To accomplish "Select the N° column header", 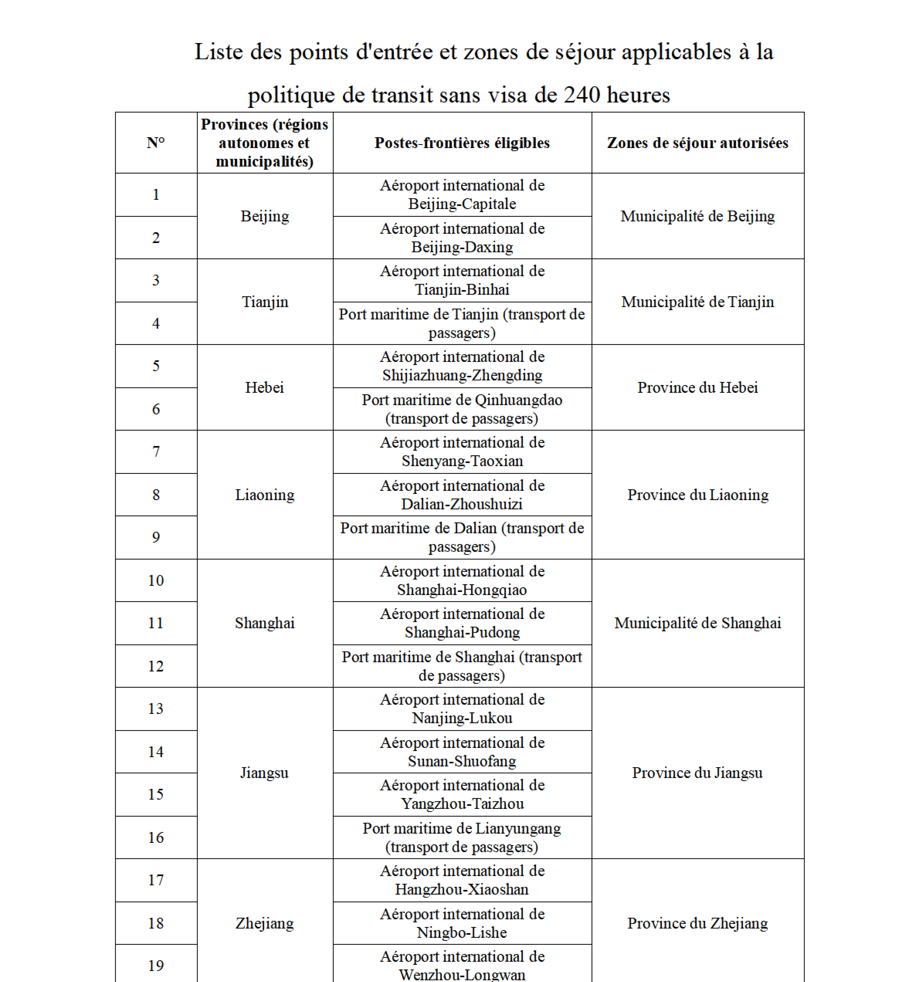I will [x=156, y=143].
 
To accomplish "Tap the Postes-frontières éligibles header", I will [x=462, y=143].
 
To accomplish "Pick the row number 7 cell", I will [x=156, y=451].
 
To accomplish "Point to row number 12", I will [x=156, y=666].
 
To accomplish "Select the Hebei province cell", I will [x=264, y=387].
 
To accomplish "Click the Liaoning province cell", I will [x=264, y=494].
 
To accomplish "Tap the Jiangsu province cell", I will [x=264, y=773].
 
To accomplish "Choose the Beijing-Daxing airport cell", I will [x=462, y=238].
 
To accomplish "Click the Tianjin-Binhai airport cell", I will [x=462, y=280].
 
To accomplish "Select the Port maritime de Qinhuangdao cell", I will [x=462, y=409].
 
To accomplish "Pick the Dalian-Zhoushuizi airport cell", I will [x=462, y=494].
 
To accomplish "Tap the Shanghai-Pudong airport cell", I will [x=462, y=623].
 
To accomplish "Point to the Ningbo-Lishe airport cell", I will [x=462, y=923].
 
